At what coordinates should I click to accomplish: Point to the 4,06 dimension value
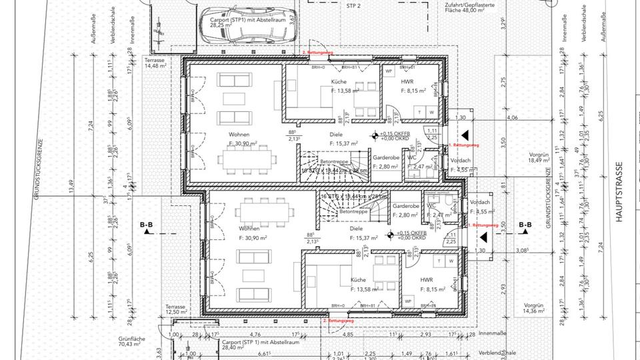[512, 118]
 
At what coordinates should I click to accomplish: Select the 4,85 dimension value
[348, 335]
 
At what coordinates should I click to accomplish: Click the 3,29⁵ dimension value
[504, 29]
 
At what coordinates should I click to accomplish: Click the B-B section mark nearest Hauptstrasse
[525, 225]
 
